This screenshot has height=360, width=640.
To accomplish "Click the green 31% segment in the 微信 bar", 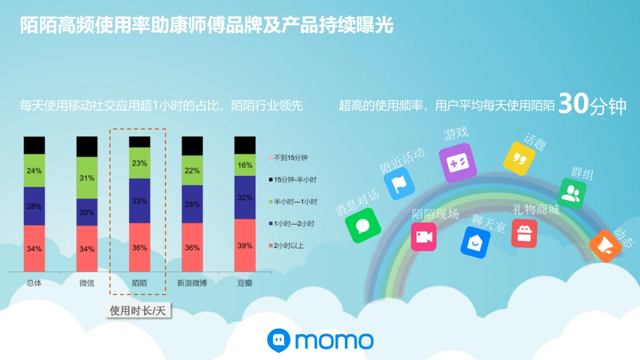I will pyautogui.click(x=87, y=178).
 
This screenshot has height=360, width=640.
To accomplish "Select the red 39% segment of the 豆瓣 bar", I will pyautogui.click(x=245, y=245).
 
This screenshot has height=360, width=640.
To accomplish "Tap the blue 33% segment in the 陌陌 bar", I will pyautogui.click(x=140, y=201).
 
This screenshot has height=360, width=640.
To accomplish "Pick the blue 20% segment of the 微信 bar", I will pyautogui.click(x=87, y=212).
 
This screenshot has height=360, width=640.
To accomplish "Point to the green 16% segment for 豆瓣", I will pyautogui.click(x=245, y=165).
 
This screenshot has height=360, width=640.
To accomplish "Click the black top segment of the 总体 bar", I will pyautogui.click(x=34, y=145).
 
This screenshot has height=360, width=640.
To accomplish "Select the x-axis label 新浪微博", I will pyautogui.click(x=192, y=283).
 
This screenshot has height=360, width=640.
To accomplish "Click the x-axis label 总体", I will pyautogui.click(x=34, y=283).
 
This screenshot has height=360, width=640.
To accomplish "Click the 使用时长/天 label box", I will pyautogui.click(x=137, y=311).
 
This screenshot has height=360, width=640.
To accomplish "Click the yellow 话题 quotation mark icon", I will pyautogui.click(x=519, y=158).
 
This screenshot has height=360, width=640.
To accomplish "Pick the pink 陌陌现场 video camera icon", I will pyautogui.click(x=423, y=237).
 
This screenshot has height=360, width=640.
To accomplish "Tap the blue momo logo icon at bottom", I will pyautogui.click(x=278, y=340).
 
